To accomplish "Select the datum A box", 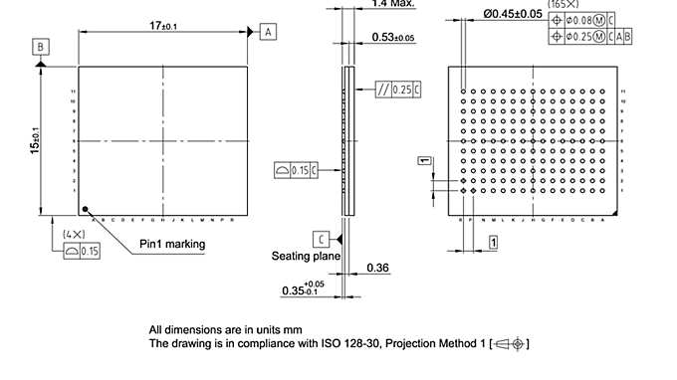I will (268, 32).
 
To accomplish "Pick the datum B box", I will (39, 47).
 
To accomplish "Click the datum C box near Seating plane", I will (321, 239).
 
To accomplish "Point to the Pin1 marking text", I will (172, 244).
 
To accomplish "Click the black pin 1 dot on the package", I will (87, 209).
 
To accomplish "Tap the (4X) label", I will (74, 235).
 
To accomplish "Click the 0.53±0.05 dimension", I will (392, 38).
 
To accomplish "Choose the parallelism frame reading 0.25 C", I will (399, 90).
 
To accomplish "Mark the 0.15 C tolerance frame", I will (297, 171).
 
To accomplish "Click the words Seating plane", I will (306, 257).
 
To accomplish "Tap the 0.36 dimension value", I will (377, 269).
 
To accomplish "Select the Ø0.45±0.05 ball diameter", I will (513, 14).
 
